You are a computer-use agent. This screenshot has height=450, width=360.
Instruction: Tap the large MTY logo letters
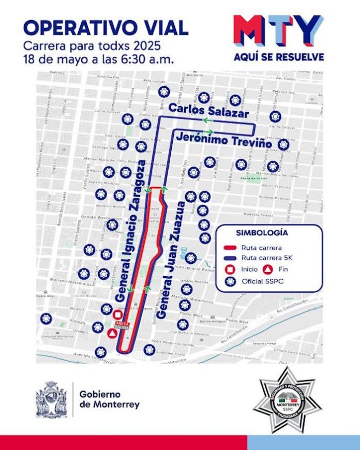click(278, 31)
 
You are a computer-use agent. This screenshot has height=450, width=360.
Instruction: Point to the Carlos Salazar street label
click(208, 111)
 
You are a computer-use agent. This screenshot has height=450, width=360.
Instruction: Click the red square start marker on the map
click(118, 315)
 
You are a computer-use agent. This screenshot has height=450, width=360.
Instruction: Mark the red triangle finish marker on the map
click(112, 334)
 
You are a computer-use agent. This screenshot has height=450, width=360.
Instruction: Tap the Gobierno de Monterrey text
click(109, 399)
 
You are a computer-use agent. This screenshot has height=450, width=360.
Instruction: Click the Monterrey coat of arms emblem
click(52, 399)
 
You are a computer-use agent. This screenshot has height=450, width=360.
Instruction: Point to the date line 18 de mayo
click(96, 57)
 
